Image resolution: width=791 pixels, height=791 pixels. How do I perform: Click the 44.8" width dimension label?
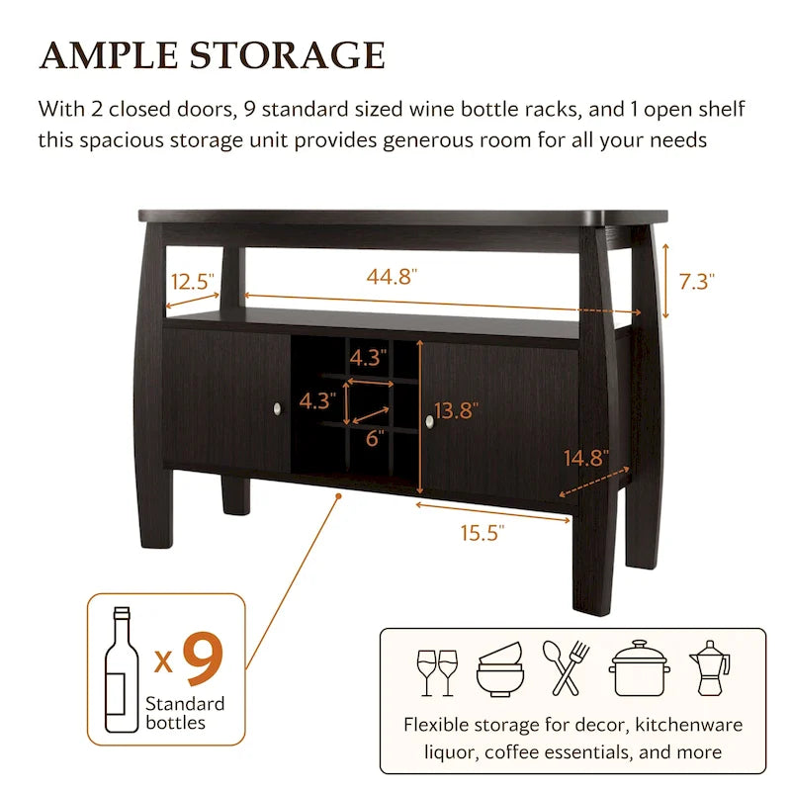coord(392,277)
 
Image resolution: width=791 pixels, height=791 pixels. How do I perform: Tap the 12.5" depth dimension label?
coord(192,282)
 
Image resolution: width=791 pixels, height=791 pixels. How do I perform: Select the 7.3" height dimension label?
coord(697,282)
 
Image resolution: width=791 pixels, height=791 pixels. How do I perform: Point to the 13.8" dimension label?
coord(456,410)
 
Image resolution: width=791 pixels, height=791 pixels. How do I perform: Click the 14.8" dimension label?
coord(586,458)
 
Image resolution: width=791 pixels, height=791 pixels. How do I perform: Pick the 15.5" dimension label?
coord(483,533)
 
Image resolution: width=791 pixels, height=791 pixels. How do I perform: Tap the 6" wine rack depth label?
coord(375,438)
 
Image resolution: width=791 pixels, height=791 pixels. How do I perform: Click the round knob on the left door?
coord(277,408)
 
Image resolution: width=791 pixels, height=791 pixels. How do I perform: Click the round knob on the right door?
coord(430,422)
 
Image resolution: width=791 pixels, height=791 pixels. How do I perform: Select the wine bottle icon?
coord(122,669)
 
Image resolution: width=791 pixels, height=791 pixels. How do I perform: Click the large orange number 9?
coord(203,659)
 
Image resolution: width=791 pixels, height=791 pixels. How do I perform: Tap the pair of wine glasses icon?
coord(437,673)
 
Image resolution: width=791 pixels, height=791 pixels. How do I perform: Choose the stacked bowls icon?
coord(500,669)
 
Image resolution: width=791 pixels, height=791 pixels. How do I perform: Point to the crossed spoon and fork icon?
coord(566,667)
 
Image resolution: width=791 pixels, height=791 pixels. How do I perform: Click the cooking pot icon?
coord(640,668)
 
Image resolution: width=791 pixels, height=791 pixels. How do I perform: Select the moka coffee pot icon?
coord(709,668)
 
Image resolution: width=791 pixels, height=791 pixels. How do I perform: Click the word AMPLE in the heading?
coord(109,55)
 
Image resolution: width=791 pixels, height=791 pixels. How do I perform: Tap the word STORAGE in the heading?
coord(288,55)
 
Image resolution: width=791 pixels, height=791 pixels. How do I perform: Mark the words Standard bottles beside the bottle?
coord(185,713)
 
